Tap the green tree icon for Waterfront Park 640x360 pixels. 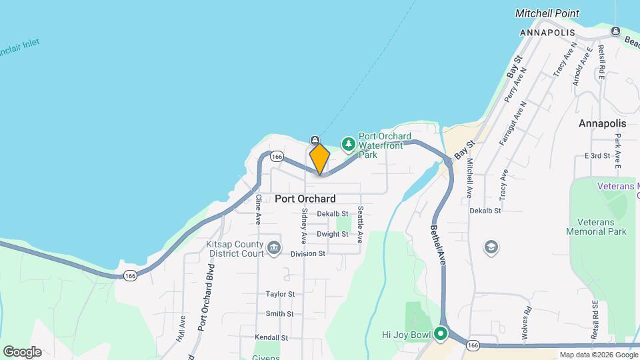pyautogui.click(x=348, y=144)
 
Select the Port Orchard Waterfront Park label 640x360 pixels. pyautogui.click(x=381, y=145)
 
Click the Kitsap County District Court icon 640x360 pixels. pyautogui.click(x=273, y=249)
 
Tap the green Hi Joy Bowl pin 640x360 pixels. pyautogui.click(x=440, y=334)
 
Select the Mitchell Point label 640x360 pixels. pyautogui.click(x=547, y=13)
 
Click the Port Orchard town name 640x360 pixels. pyautogui.click(x=305, y=199)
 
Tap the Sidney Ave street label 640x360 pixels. pyautogui.click(x=304, y=226)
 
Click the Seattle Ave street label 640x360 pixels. pyautogui.click(x=360, y=223)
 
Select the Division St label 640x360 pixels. pyautogui.click(x=307, y=253)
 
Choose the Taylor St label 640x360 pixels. pyautogui.click(x=280, y=294)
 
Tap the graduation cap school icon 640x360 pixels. pyautogui.click(x=492, y=247)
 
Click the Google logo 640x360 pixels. pyautogui.click(x=22, y=352)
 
